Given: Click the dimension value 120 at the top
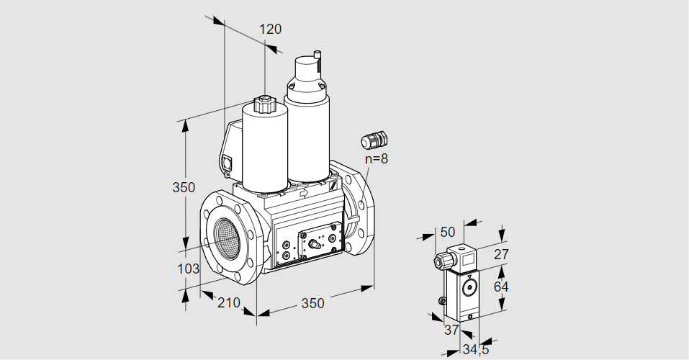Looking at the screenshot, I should pos(270,30).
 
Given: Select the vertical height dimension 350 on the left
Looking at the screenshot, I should pos(184,188).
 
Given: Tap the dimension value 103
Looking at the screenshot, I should pos(187,269).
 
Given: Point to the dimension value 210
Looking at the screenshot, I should pos(228,303).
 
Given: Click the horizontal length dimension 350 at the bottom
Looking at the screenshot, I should pos(312,304).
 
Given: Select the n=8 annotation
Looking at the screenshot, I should pos(376,159).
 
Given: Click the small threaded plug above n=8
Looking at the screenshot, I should pos(374,138).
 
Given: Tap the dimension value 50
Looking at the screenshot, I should pos(447,232).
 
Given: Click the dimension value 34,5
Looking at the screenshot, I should pos(476,351).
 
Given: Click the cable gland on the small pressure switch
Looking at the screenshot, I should pos(439,261).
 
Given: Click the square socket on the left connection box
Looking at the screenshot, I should pos(229,163).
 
